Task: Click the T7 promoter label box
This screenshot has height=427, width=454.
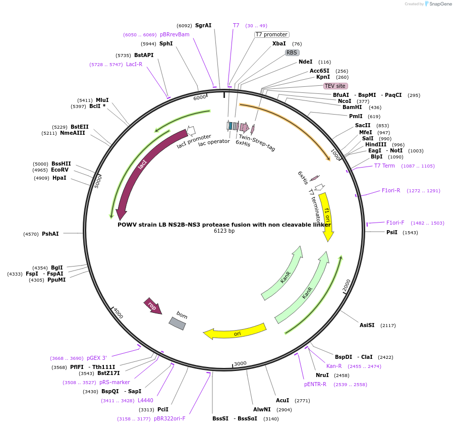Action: tap(271, 35)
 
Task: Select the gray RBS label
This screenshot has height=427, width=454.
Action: tap(292, 52)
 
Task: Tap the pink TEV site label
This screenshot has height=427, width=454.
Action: tap(335, 86)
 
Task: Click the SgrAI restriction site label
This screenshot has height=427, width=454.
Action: tap(203, 25)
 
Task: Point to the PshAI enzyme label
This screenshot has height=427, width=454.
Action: tap(50, 234)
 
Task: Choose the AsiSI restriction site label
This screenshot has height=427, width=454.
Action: tap(367, 325)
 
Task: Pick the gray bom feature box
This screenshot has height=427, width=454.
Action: tap(178, 323)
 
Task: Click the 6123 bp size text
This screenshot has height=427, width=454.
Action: tap(224, 231)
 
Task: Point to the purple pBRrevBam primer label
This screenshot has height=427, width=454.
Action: tap(175, 34)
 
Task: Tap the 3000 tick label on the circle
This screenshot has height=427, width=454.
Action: tap(240, 363)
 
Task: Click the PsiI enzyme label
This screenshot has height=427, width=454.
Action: tap(392, 232)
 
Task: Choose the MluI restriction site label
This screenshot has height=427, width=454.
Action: tap(102, 100)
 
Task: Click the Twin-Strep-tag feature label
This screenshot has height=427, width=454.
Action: tap(257, 143)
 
